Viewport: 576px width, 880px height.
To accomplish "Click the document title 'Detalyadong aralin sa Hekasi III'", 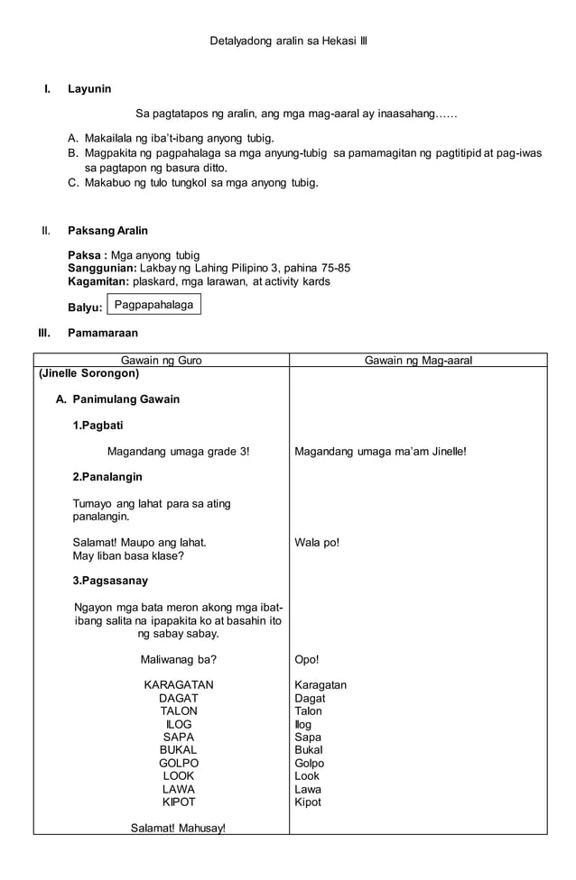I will (x=288, y=41).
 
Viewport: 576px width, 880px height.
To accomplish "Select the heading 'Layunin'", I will (x=89, y=88).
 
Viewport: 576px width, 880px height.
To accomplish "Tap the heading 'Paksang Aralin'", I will (x=107, y=231).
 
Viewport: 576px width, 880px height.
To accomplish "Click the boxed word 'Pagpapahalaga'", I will (x=153, y=305).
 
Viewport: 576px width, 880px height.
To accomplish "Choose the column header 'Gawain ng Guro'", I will (x=162, y=360).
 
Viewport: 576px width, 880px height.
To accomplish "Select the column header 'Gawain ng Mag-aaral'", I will (x=418, y=360).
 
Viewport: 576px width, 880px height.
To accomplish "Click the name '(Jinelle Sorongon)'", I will (x=88, y=373).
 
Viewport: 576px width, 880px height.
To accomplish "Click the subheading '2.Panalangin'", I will (x=107, y=476).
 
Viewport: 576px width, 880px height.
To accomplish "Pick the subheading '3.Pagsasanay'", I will (x=110, y=581).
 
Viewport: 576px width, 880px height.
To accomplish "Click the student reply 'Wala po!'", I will (x=317, y=543).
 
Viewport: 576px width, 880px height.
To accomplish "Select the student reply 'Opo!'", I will (x=307, y=659).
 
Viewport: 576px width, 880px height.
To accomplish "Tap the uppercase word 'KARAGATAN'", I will (x=179, y=685).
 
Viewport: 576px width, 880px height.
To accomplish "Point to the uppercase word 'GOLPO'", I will (x=179, y=763).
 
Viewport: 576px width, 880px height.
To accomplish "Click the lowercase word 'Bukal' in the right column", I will (x=309, y=750).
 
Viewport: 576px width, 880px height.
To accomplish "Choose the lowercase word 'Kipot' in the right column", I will (x=308, y=802).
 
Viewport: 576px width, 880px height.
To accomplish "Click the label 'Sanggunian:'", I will (x=103, y=268).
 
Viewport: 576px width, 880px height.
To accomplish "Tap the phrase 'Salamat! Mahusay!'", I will (x=179, y=828).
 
